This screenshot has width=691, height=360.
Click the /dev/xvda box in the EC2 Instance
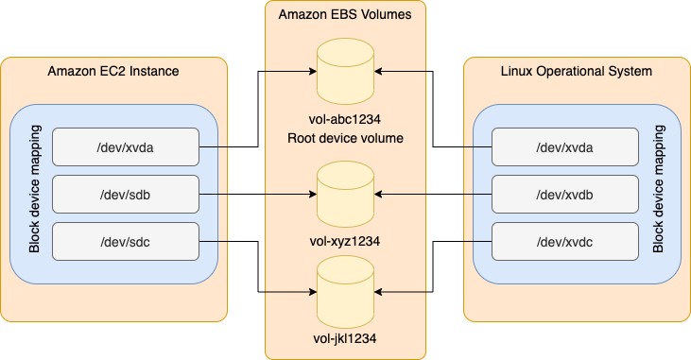pos(126,147)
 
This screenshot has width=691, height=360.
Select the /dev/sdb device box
pos(126,194)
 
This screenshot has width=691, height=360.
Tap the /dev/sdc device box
pos(126,241)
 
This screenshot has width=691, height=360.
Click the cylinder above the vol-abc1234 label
pos(345,71)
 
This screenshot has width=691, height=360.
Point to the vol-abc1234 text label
pos(345,121)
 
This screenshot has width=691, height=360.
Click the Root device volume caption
pos(345,139)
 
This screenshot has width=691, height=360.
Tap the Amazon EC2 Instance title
pos(113,72)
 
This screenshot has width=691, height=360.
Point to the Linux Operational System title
pos(576,72)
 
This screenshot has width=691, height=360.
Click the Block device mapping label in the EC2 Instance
pos(34,194)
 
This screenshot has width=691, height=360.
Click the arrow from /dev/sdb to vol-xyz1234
pos(255,194)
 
